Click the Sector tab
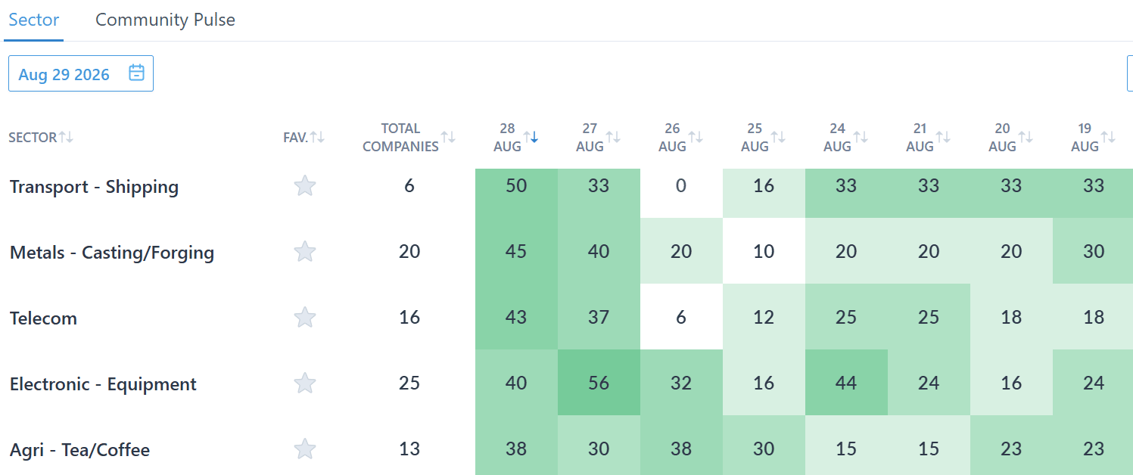(x=34, y=20)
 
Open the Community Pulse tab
(x=166, y=20)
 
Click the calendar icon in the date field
(x=136, y=73)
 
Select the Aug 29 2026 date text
(x=64, y=74)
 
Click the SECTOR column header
(x=33, y=138)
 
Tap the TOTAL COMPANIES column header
(x=400, y=138)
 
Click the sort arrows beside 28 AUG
(x=531, y=137)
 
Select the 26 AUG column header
(x=672, y=138)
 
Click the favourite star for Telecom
(x=305, y=318)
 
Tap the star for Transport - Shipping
(x=305, y=186)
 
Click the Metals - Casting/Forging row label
(x=112, y=252)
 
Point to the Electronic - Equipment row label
(x=103, y=384)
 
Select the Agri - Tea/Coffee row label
(x=80, y=450)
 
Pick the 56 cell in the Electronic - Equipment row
(x=599, y=383)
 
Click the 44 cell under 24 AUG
(x=846, y=383)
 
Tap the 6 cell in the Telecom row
(x=681, y=317)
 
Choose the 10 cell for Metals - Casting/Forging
(x=764, y=251)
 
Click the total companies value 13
(x=409, y=449)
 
